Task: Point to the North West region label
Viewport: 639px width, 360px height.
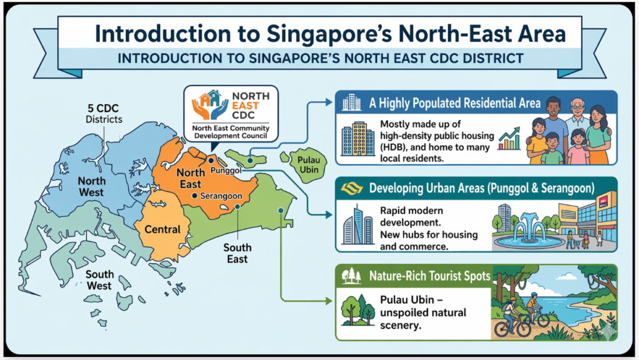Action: click(x=91, y=187)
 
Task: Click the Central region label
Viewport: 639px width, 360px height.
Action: click(x=162, y=229)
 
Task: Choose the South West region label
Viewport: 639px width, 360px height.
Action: click(x=99, y=280)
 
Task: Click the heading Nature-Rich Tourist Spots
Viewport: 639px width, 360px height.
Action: click(x=429, y=276)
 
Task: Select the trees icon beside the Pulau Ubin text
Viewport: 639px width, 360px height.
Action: click(x=357, y=311)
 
